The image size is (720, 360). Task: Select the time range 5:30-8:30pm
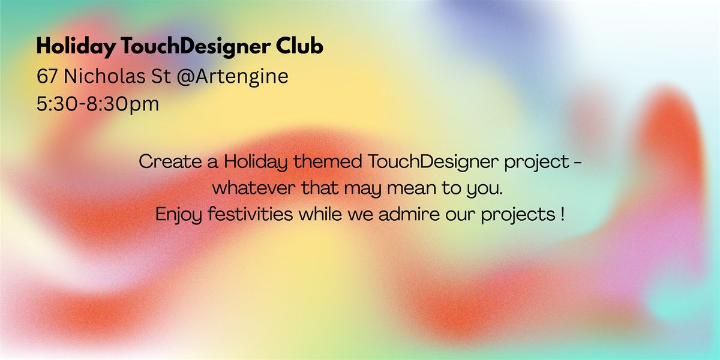(x=98, y=104)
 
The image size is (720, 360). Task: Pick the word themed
(x=324, y=162)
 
